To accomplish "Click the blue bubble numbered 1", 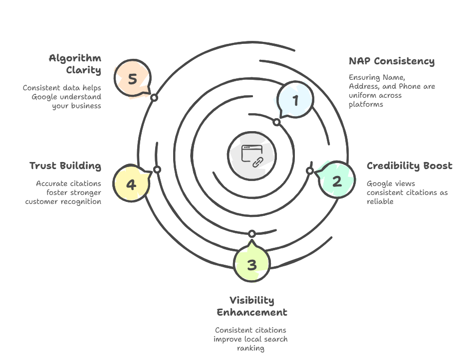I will tap(294, 101).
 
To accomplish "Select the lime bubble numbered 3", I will tap(252, 265).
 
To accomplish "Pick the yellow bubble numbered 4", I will tap(131, 184).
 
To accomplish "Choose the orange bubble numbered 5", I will tap(132, 79).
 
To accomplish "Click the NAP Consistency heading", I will tap(391, 61).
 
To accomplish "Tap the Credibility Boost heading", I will tap(409, 166).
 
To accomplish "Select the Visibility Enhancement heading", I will tap(252, 306).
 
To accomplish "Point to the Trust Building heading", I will tap(65, 166).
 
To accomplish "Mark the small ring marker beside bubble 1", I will tap(276, 122).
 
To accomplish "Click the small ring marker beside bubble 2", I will tap(310, 171).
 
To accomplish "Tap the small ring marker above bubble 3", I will tap(252, 233).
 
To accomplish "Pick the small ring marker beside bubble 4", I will tap(157, 170).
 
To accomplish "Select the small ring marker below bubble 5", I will tap(154, 98).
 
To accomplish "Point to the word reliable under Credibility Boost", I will tap(380, 201).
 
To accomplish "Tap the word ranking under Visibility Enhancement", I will tap(250, 348).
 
